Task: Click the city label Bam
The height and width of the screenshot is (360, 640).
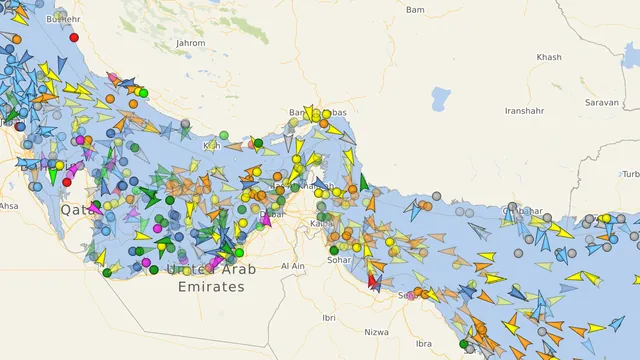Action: (x=415, y=9)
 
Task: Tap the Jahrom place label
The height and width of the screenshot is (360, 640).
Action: (x=190, y=43)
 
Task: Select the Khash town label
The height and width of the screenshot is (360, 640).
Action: (x=549, y=58)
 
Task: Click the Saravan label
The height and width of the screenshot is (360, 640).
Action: (x=602, y=102)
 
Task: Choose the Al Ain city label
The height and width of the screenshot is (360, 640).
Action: (x=293, y=266)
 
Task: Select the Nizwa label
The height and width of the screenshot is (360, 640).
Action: (x=376, y=331)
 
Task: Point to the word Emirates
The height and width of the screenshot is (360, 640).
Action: (x=210, y=287)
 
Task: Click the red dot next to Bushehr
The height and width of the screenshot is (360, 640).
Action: (x=74, y=37)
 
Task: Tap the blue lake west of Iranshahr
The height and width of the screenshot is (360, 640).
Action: (x=441, y=99)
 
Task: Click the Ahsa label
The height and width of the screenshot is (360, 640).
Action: (x=8, y=206)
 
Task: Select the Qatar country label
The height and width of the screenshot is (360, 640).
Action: (x=78, y=210)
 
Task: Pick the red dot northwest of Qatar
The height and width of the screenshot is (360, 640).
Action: (x=67, y=182)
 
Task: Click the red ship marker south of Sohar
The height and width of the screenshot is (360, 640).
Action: (x=372, y=282)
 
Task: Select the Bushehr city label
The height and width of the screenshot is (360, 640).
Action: (x=62, y=19)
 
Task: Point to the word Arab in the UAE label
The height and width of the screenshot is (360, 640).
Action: (x=238, y=270)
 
